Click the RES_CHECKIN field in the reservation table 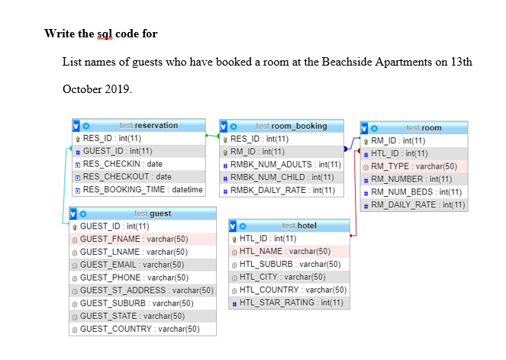[x=122, y=164]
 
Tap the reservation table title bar [x=148, y=125]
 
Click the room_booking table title [x=291, y=126]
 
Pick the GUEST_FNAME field [x=134, y=239]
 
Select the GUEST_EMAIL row [x=134, y=265]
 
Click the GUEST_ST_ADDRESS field [x=146, y=291]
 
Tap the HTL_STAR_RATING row [x=291, y=303]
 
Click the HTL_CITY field [x=282, y=277]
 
